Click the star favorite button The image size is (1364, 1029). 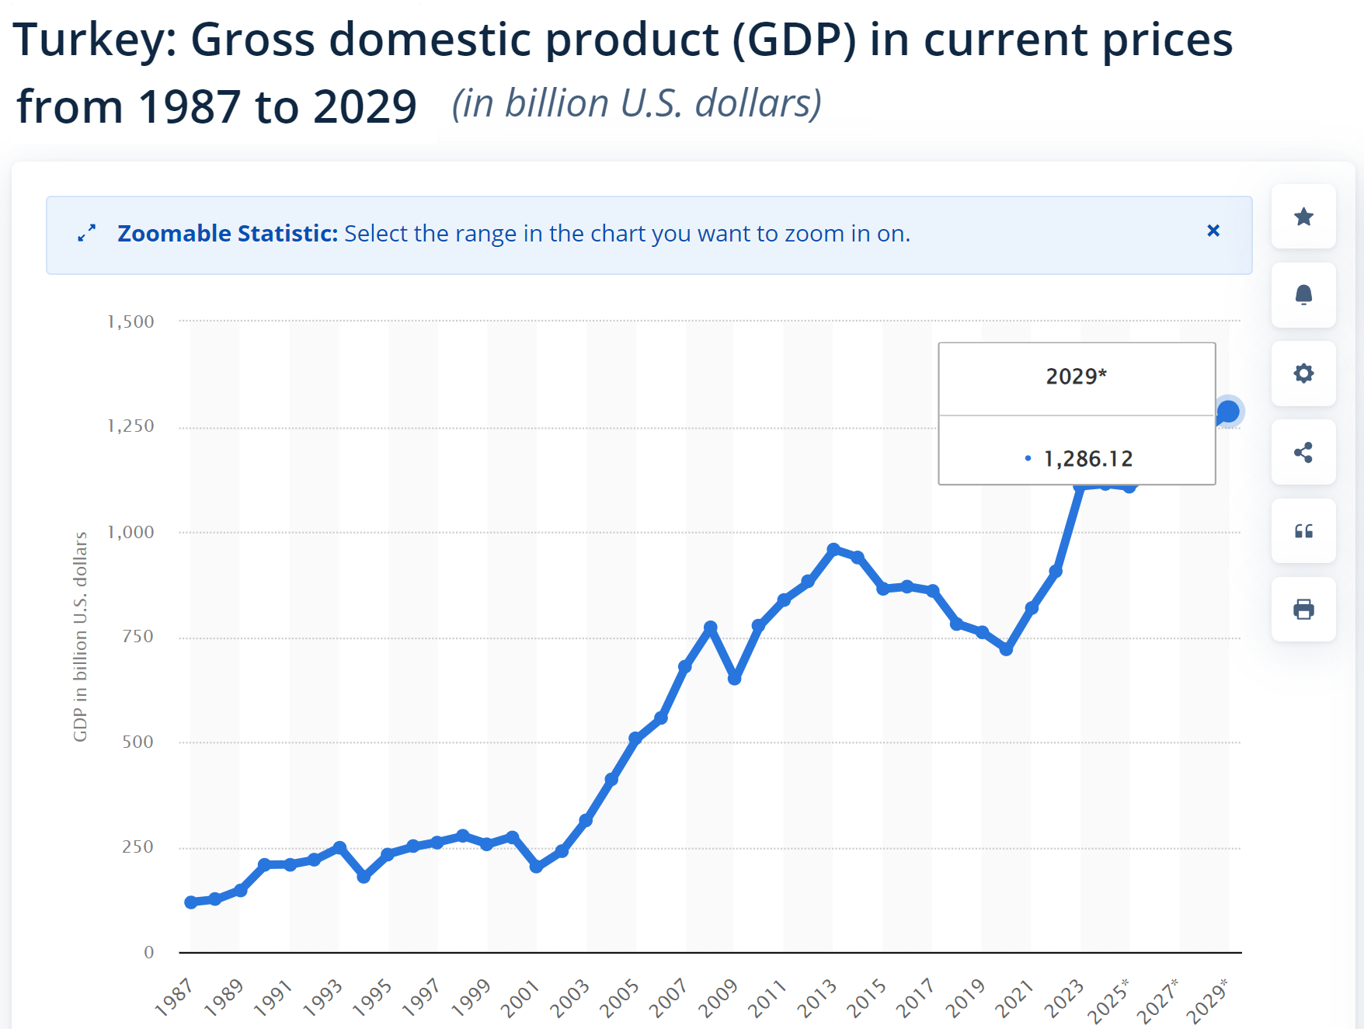pyautogui.click(x=1303, y=217)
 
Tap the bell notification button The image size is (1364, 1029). pyautogui.click(x=1303, y=295)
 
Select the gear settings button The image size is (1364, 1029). pyautogui.click(x=1303, y=374)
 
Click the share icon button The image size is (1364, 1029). pyautogui.click(x=1303, y=452)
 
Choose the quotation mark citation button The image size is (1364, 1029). pyautogui.click(x=1303, y=531)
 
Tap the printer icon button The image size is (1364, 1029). pyautogui.click(x=1303, y=610)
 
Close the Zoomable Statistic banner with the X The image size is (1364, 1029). pyautogui.click(x=1213, y=231)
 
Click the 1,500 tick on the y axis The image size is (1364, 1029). pyautogui.click(x=130, y=322)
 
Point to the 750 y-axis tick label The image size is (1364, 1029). pyautogui.click(x=137, y=637)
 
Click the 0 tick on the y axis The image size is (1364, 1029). pyautogui.click(x=148, y=953)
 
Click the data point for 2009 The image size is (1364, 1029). pyautogui.click(x=735, y=679)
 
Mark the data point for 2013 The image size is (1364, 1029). pyautogui.click(x=833, y=549)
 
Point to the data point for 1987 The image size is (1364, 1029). pyautogui.click(x=191, y=902)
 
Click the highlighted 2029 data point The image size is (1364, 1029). pyautogui.click(x=1228, y=412)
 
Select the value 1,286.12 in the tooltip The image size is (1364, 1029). pyautogui.click(x=1087, y=459)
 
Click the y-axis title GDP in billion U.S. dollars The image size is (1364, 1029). pyautogui.click(x=80, y=637)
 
